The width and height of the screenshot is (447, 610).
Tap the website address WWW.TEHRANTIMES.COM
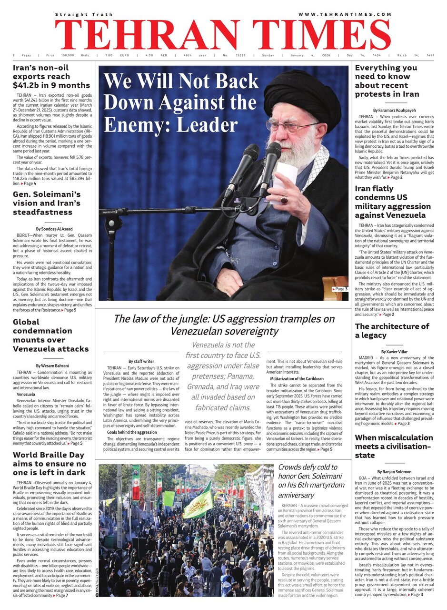pyautogui.click(x=345, y=15)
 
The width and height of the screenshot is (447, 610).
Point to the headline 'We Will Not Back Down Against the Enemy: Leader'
pyautogui.click(x=181, y=103)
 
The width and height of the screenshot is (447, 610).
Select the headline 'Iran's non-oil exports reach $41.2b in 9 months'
pyautogui.click(x=51, y=76)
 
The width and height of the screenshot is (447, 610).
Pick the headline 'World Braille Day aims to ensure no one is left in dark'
pyautogui.click(x=50, y=463)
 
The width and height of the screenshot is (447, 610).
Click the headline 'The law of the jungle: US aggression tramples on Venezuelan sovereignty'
pyautogui.click(x=224, y=325)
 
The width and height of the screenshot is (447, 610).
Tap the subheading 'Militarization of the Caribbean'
pyautogui.click(x=297, y=378)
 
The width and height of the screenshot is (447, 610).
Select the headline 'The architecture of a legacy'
pyautogui.click(x=392, y=331)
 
